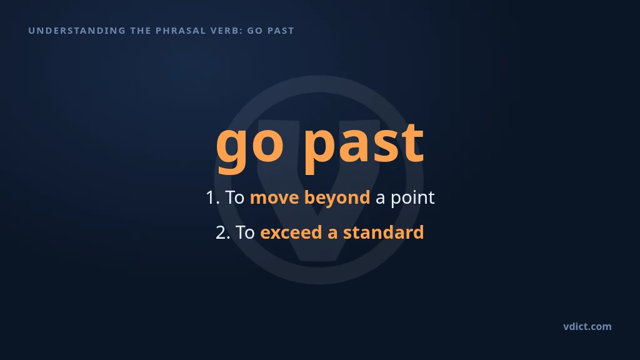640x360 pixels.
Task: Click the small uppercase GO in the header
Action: [x=255, y=31]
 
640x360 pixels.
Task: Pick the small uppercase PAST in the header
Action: [x=281, y=31]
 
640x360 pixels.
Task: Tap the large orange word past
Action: [x=364, y=146]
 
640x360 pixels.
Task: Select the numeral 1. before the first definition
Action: [x=212, y=197]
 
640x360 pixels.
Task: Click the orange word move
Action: [x=274, y=198]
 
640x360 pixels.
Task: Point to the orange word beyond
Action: [x=337, y=198]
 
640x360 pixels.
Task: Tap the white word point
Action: [x=412, y=198]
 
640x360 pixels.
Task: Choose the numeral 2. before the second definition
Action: [x=223, y=232]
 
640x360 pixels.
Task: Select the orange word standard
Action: [x=383, y=232]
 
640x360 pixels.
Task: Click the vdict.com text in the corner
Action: [x=587, y=326]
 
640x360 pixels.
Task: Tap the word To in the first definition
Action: [x=235, y=197]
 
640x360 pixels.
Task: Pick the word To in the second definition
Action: [x=245, y=232]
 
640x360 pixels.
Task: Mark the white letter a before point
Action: [x=380, y=199]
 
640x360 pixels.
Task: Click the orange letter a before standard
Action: [x=332, y=234]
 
